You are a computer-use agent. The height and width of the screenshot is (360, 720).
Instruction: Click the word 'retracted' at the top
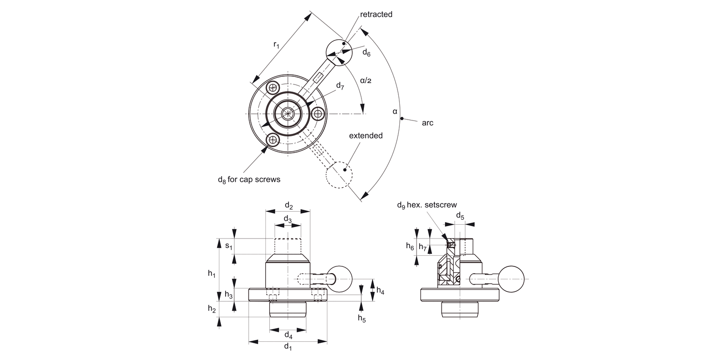click(376, 14)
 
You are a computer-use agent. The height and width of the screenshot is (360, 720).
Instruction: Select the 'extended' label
click(366, 135)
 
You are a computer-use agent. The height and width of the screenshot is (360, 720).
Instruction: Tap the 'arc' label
click(427, 123)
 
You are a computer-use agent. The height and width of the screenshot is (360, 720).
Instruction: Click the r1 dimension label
click(276, 45)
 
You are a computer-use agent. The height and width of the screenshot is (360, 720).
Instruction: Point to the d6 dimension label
click(366, 52)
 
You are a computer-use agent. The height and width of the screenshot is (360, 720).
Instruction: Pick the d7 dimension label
click(340, 86)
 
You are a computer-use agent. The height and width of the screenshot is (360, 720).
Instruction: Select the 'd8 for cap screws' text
click(249, 180)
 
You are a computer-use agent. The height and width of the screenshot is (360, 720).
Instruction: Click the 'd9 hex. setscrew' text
click(427, 205)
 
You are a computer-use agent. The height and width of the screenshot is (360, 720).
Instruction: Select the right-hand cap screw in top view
click(318, 114)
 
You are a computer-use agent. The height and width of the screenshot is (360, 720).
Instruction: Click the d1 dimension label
click(288, 347)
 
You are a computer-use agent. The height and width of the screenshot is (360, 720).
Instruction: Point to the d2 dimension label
click(288, 205)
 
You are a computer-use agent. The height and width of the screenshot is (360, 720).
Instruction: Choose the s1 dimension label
click(229, 246)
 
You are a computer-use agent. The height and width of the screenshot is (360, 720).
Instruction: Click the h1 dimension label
click(212, 273)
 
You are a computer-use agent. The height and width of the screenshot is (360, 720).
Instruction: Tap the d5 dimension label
click(460, 215)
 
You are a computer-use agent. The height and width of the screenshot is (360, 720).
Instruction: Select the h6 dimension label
click(409, 246)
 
